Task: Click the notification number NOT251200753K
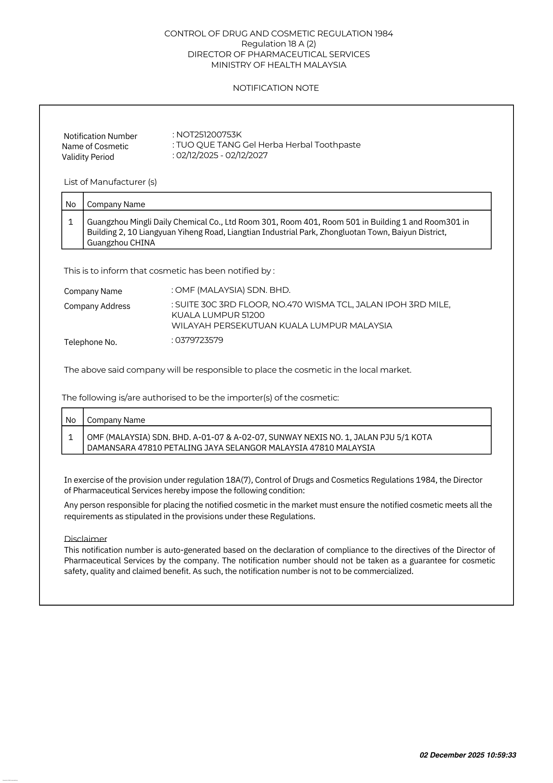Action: (x=209, y=135)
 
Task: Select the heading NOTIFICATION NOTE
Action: (x=276, y=88)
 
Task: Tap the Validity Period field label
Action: (x=88, y=157)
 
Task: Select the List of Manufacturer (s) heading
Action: (x=110, y=182)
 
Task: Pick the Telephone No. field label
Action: (x=91, y=342)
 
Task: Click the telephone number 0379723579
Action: (x=199, y=340)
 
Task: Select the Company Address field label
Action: (x=97, y=306)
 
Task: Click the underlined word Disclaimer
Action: (x=86, y=539)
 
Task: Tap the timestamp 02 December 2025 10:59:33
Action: (x=468, y=755)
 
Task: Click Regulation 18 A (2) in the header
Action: (x=278, y=44)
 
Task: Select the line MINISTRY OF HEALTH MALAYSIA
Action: (x=278, y=65)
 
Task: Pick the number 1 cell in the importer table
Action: (x=71, y=437)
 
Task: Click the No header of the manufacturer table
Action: (x=71, y=204)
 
